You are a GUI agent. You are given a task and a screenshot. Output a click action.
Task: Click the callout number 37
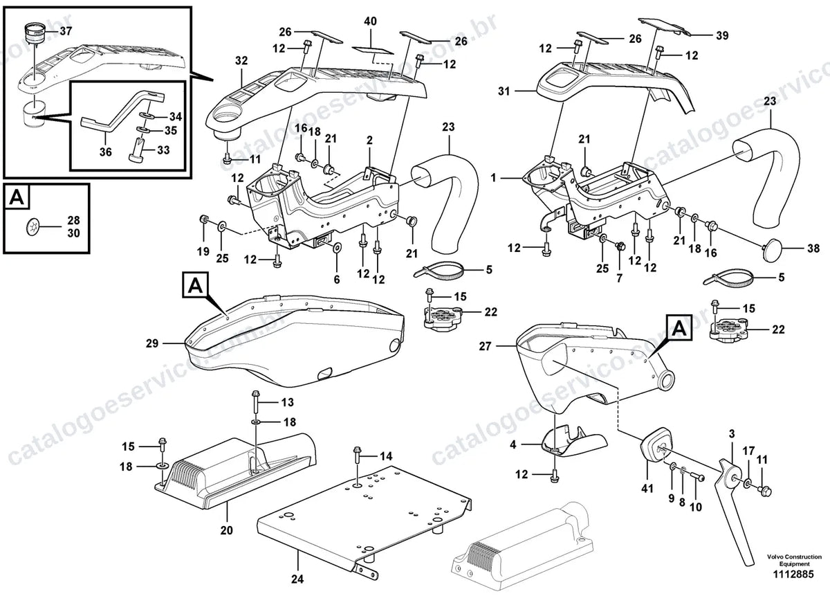pos(66,30)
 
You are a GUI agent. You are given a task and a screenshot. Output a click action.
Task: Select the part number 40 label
pos(370,21)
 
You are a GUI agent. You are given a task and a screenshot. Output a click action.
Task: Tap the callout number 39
pos(722,35)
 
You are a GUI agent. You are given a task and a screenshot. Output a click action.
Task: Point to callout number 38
pos(813,249)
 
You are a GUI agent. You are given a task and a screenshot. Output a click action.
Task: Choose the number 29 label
pos(152,343)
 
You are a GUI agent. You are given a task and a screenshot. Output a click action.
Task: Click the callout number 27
pos(485,346)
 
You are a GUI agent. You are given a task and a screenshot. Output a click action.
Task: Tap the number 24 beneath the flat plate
pos(297,579)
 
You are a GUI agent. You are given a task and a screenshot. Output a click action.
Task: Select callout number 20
pos(226,530)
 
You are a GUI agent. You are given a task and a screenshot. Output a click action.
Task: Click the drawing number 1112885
pos(793,575)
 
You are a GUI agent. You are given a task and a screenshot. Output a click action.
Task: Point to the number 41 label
pos(647,489)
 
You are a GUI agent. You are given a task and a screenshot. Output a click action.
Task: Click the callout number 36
pos(106,152)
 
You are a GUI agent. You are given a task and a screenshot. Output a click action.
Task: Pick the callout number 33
pos(163,150)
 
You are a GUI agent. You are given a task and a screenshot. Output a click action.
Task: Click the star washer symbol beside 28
pos(33,226)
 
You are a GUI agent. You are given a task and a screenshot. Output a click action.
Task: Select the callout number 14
pos(386,456)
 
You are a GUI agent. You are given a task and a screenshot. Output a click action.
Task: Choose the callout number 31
pos(504,91)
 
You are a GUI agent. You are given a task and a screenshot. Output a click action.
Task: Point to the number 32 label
pos(241,60)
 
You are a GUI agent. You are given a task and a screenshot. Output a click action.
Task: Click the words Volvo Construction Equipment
pos(794,561)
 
